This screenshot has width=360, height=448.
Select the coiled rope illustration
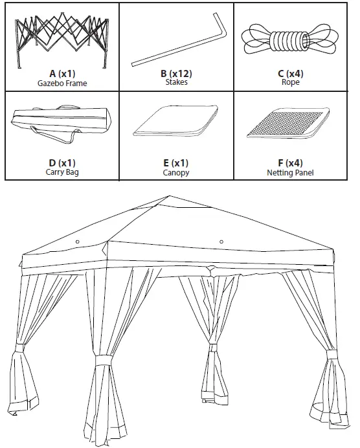[291, 41]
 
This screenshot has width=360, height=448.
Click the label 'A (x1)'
[62, 74]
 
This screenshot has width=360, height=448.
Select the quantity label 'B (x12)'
[176, 74]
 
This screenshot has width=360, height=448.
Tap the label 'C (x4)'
[290, 74]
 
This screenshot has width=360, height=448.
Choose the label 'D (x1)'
[62, 163]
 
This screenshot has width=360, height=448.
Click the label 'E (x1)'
[176, 163]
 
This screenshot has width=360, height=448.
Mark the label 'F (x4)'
[290, 163]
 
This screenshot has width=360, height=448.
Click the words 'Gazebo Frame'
[62, 84]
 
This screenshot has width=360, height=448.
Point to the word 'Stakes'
[176, 84]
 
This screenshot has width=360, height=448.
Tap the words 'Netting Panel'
[290, 173]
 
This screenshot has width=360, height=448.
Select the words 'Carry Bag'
[62, 173]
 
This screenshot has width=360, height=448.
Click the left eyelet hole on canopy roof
[78, 241]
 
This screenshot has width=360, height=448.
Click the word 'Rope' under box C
[290, 84]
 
